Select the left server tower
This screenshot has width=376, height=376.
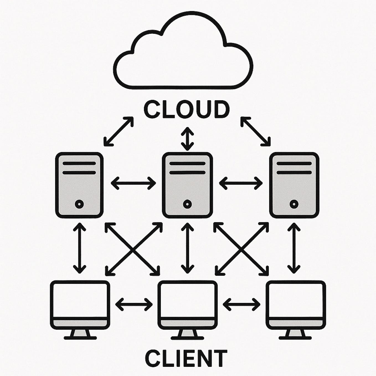[79, 185]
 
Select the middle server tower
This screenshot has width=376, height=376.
[187, 185]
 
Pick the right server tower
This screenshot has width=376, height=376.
[294, 185]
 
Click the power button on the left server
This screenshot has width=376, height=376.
[79, 204]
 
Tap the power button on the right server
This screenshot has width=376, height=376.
[294, 204]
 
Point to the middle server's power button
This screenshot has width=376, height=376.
[187, 204]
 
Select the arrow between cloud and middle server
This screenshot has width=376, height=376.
[187, 139]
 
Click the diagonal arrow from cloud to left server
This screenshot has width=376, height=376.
[119, 131]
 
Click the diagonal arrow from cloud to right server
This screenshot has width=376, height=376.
[256, 131]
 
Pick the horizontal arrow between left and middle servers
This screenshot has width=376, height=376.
[133, 183]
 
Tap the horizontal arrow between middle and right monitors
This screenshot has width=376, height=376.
[241, 304]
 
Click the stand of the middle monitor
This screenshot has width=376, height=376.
[187, 334]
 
